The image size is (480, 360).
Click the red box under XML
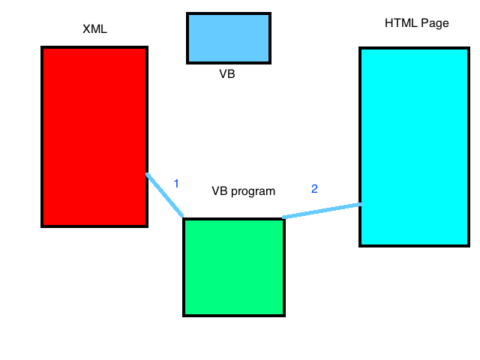pyautogui.click(x=94, y=136)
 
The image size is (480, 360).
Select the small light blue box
pyautogui.click(x=229, y=37)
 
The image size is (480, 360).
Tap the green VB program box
pyautogui.click(x=234, y=267)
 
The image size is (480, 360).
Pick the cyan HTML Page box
pyautogui.click(x=415, y=147)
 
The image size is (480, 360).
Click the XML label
pyautogui.click(x=95, y=30)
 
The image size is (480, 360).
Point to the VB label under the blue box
pyautogui.click(x=227, y=74)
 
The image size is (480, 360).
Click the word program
pyautogui.click(x=253, y=191)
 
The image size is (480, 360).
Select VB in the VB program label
pyautogui.click(x=220, y=190)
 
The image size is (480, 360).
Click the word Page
pyautogui.click(x=435, y=24)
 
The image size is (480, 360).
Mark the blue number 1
pyautogui.click(x=176, y=183)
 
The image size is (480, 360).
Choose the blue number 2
pyautogui.click(x=314, y=189)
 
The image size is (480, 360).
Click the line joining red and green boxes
pyautogui.click(x=165, y=195)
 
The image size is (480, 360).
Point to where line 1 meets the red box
pyautogui.click(x=147, y=175)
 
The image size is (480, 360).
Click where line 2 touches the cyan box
pyautogui.click(x=360, y=204)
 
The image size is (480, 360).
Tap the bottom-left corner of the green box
pyautogui.click(x=184, y=315)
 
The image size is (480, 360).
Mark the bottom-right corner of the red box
pyautogui.click(x=146, y=225)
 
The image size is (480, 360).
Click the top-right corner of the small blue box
pyautogui.click(x=269, y=14)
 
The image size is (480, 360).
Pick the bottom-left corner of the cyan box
pyautogui.click(x=361, y=244)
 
